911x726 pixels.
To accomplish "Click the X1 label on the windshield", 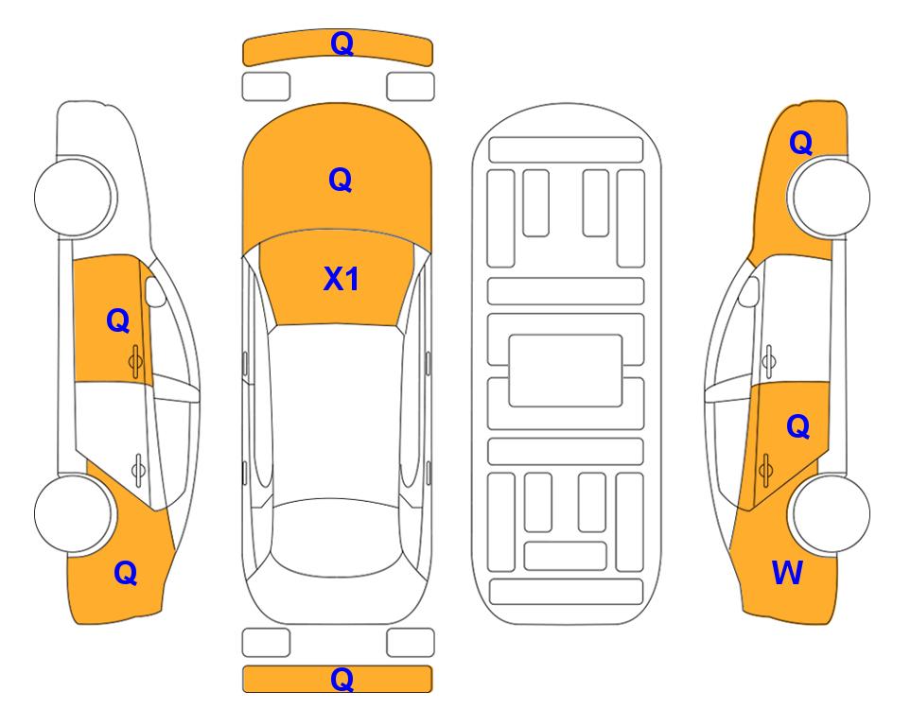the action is point(342,279).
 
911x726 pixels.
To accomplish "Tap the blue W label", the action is point(787,573).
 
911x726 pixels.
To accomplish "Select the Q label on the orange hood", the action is point(341,180).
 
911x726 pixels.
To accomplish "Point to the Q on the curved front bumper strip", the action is point(342,43).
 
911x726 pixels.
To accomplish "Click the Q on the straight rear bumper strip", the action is point(342,679).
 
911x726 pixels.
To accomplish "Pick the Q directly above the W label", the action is point(798,427).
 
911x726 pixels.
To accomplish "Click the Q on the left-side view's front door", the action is point(118,320).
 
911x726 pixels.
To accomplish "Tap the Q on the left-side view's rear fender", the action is point(126,573).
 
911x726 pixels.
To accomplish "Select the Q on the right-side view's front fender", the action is point(800,143).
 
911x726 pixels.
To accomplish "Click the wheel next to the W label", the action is point(829,513).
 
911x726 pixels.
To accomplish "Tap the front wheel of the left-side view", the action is point(75,197).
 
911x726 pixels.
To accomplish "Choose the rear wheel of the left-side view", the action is point(75,514).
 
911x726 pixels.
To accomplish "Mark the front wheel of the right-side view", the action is point(829,197).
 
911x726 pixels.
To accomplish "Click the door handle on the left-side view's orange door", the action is point(135,362).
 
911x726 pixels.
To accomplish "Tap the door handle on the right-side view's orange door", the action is point(765,469).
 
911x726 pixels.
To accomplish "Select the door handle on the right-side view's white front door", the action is point(768,361).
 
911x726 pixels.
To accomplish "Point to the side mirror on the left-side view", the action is point(155,291).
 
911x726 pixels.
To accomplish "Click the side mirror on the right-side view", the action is point(748,291).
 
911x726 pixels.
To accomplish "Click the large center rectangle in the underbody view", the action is point(566,371).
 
